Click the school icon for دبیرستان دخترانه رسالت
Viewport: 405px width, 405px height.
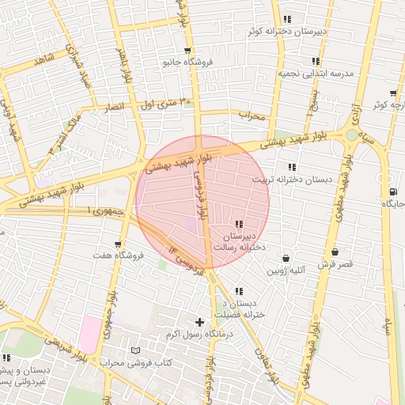tap(239, 225)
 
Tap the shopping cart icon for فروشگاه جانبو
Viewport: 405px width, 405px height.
tap(176, 50)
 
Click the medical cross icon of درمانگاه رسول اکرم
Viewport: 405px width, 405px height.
tap(199, 322)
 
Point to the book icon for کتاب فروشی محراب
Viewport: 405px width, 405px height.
tap(134, 350)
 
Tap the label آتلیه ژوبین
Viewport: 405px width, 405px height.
tap(285, 270)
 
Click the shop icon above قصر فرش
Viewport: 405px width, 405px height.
tap(335, 252)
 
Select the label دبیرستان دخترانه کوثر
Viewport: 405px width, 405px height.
tap(286, 32)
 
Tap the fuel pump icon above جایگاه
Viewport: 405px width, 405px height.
tap(393, 192)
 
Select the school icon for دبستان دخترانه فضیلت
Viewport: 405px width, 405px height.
tap(238, 292)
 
